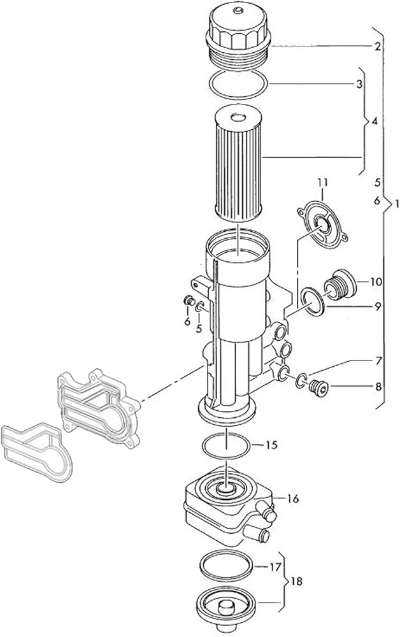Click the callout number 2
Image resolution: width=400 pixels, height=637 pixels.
tap(377, 47)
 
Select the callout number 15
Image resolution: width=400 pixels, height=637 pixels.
tap(271, 445)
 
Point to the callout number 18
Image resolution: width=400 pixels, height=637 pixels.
tap(297, 582)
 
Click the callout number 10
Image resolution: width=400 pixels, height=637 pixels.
tap(376, 281)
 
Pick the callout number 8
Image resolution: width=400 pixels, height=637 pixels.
tap(378, 387)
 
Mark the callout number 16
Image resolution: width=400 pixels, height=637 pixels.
tap(293, 498)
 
